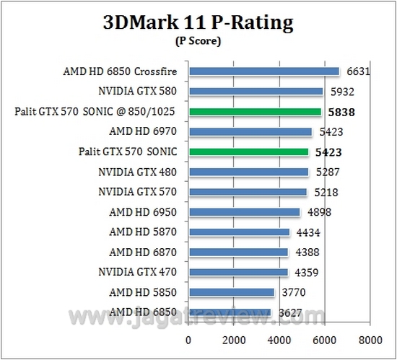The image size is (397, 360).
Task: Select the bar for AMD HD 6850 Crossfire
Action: (263, 71)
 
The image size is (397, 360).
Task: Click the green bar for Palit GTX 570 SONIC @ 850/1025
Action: (255, 112)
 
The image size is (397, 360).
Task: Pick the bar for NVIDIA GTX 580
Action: (256, 92)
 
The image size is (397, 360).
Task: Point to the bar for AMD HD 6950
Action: (244, 212)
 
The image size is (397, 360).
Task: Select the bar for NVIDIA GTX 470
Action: (238, 272)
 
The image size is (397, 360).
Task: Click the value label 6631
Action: (358, 71)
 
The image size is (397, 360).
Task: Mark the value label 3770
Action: (292, 292)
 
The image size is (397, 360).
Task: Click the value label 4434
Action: (307, 232)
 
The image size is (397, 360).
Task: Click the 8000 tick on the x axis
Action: (370, 340)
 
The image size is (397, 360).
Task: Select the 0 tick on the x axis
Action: (189, 340)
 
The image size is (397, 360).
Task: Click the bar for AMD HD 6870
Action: (238, 252)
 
